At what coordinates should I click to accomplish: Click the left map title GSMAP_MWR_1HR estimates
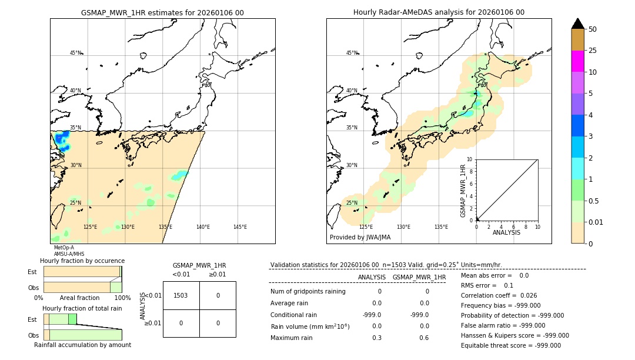pos(162,12)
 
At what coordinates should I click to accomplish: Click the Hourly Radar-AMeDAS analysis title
pos(439,12)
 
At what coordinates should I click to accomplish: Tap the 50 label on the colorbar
pos(593,29)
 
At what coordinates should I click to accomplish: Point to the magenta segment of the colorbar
pos(577,61)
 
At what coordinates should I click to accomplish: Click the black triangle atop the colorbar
pos(577,24)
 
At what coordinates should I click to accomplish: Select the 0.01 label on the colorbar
pos(596,222)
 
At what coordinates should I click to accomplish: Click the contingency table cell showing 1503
pos(181,295)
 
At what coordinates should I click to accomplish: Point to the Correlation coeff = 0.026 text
pos(499,295)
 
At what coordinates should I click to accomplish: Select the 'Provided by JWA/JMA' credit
pos(360,238)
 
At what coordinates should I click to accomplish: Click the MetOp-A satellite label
pos(64,248)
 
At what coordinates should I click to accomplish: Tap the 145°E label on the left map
pos(240,227)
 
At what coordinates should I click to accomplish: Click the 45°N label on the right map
pos(352,53)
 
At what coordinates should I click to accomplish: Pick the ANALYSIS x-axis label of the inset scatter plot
pos(507,232)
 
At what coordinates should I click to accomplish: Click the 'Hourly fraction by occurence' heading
pos(82,261)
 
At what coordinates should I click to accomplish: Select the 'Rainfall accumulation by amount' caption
pos(82,345)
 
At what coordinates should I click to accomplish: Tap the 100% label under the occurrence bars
pos(122,298)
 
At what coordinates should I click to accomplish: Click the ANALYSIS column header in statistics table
pos(372,277)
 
